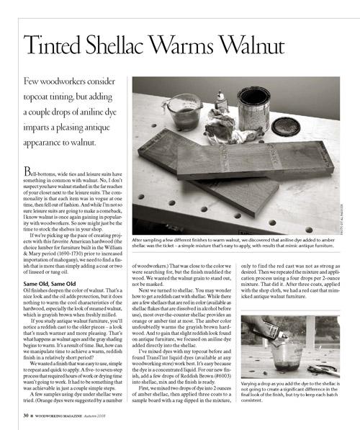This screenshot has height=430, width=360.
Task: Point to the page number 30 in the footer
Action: tap(25, 416)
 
